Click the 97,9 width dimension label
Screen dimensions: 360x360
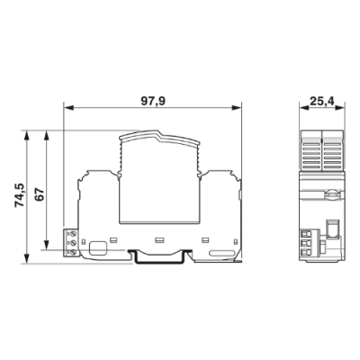[153, 102]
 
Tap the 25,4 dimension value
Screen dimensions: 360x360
[321, 102]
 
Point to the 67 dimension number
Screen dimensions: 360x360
[40, 195]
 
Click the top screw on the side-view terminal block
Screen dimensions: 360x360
[73, 233]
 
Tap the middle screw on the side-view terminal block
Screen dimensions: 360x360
[73, 242]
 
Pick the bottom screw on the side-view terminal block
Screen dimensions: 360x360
[73, 252]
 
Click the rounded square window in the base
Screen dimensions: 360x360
[98, 247]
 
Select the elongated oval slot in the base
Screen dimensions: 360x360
[221, 253]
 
